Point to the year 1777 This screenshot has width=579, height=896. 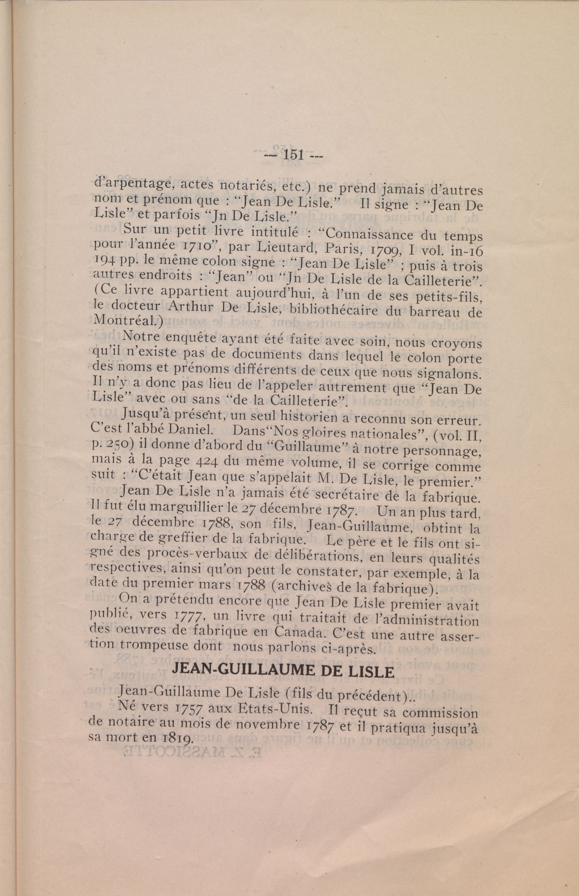190,616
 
